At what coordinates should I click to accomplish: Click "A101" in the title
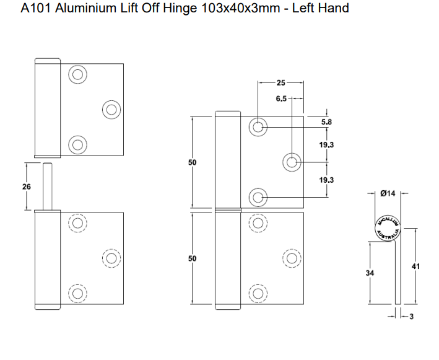click(35, 8)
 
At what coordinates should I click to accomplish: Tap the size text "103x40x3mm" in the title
click(228, 8)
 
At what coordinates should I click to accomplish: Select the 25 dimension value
click(280, 82)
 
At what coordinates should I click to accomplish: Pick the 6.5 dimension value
click(281, 99)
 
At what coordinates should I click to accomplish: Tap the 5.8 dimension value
click(326, 122)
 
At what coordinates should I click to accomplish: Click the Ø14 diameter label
click(388, 193)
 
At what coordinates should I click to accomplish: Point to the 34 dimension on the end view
click(370, 273)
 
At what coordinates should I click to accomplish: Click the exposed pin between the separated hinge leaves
click(47, 185)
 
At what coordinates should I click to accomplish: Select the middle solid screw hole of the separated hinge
click(111, 110)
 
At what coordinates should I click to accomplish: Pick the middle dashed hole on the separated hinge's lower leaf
click(111, 258)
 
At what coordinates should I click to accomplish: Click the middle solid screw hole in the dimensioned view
click(292, 163)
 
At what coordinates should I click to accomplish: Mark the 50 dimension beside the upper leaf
click(192, 162)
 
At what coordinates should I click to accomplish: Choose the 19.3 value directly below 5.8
click(326, 144)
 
